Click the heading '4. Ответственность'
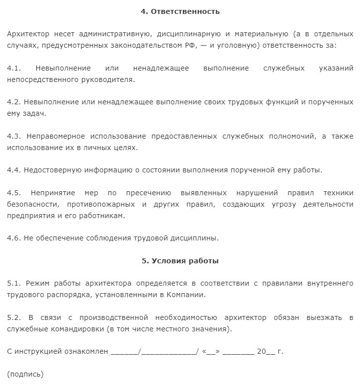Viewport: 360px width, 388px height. [x=180, y=11]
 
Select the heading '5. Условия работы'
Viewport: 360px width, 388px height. [x=180, y=260]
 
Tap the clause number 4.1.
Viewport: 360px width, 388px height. [x=14, y=68]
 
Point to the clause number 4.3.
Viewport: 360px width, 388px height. [x=14, y=136]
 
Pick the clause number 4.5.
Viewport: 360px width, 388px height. [x=14, y=193]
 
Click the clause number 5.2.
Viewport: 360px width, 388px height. [x=14, y=317]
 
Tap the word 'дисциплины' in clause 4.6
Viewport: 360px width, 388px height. [x=194, y=238]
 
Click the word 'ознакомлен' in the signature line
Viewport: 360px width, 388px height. [x=87, y=351]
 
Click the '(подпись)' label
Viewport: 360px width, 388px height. [x=25, y=374]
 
